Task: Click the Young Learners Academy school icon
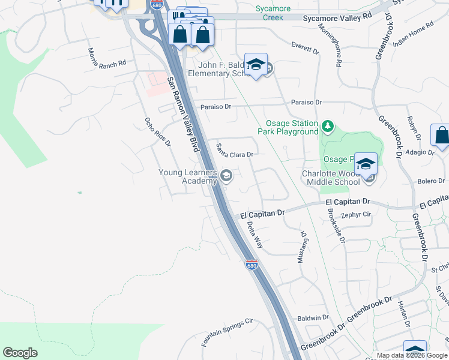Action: point(226,176)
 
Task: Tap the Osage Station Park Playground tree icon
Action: point(327,126)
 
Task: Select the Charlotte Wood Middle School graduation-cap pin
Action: point(366,163)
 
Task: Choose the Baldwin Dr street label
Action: point(313,317)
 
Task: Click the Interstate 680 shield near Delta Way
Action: point(252,265)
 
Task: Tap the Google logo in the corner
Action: point(20,353)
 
